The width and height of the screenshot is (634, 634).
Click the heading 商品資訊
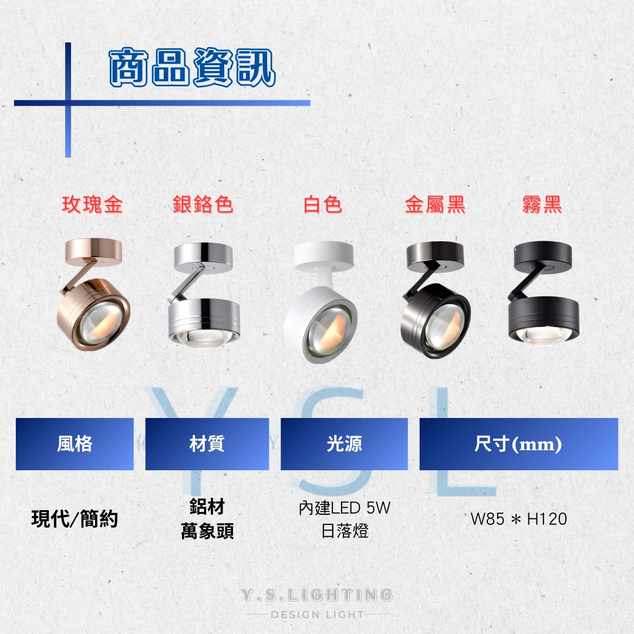(193, 67)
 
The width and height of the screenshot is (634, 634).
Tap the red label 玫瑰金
(92, 204)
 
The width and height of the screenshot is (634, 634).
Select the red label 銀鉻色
(203, 204)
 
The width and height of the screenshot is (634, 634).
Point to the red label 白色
(323, 204)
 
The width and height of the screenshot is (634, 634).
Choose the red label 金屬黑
(436, 204)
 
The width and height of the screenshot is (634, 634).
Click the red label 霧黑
(542, 204)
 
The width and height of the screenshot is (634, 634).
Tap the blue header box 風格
(75, 444)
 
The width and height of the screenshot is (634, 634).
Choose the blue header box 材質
(207, 444)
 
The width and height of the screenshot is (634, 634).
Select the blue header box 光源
(344, 444)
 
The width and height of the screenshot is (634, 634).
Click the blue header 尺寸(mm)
(519, 444)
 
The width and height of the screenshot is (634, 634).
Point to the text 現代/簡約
(75, 519)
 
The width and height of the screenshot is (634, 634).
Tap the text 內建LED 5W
(345, 508)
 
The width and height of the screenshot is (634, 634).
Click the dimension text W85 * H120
(519, 519)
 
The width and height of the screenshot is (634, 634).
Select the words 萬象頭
(207, 531)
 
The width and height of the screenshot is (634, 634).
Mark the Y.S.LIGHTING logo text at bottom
(317, 595)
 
